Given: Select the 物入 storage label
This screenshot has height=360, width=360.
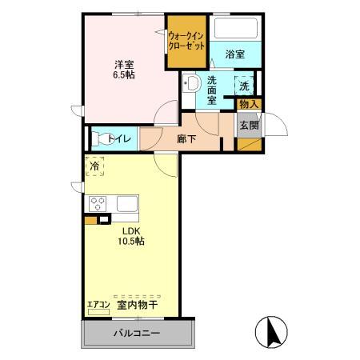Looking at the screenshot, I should click(248, 104).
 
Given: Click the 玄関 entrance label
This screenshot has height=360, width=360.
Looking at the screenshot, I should click(248, 125).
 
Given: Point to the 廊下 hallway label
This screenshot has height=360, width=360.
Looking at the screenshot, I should click(186, 137).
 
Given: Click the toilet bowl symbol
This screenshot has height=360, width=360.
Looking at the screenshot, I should click(98, 138).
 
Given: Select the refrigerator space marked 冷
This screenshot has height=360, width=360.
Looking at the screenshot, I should click(94, 166).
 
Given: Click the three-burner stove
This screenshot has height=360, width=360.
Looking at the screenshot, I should click(98, 203).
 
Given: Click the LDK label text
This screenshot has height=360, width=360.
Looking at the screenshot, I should click(130, 229).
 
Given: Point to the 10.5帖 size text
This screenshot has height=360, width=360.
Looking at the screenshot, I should click(130, 240).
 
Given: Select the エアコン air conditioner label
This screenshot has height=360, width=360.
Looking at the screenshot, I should click(98, 304).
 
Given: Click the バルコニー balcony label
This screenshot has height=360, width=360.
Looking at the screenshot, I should click(136, 334).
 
